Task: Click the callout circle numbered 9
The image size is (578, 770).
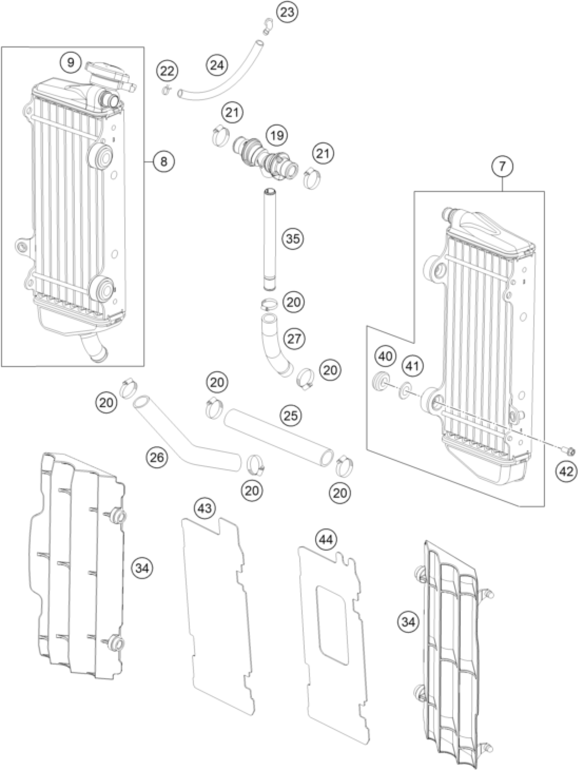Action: point(71,63)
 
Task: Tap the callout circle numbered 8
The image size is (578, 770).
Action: point(164,162)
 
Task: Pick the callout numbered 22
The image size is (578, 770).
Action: point(167,71)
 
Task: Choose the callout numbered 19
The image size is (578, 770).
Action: point(277,135)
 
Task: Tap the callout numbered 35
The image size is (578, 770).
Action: point(293,239)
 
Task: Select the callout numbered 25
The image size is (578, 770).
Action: point(291,416)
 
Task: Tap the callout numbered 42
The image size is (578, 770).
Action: point(566,472)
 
